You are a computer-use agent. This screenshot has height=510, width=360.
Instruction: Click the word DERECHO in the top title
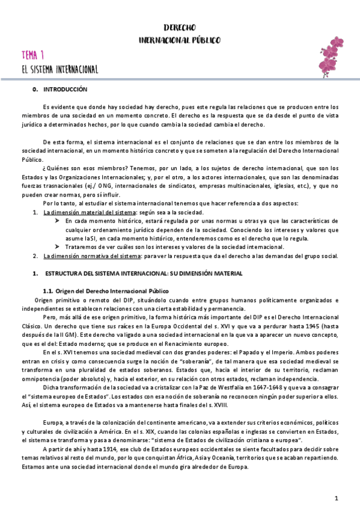(180, 28)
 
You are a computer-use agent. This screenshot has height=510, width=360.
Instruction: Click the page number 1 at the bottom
(337, 499)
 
